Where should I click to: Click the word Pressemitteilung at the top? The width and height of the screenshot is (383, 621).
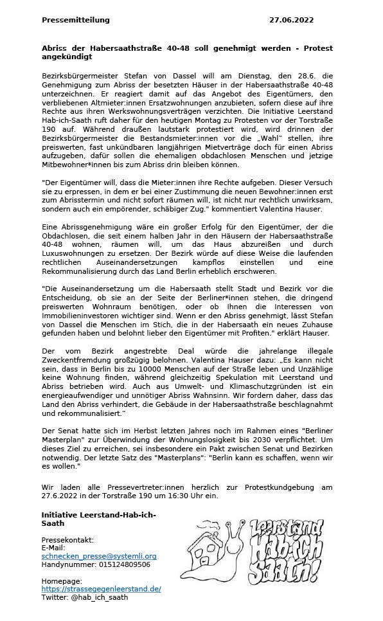75,20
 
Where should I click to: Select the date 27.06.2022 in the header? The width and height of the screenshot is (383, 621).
291,20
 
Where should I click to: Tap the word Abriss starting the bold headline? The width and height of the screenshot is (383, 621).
55,49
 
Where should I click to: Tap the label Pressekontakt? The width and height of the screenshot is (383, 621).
67,539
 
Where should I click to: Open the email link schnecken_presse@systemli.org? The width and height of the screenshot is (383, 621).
98,555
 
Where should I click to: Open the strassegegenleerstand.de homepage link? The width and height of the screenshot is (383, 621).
101,588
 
